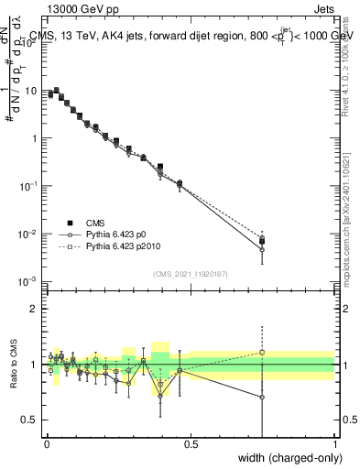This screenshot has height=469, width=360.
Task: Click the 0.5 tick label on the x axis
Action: (191, 444)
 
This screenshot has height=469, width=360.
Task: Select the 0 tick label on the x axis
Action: (46, 444)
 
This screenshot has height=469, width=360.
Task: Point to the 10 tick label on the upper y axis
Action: (30, 92)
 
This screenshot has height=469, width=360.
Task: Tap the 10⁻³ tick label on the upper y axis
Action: (28, 280)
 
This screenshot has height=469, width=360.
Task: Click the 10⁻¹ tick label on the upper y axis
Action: (28, 186)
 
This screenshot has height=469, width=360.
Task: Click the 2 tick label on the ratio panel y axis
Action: (35, 309)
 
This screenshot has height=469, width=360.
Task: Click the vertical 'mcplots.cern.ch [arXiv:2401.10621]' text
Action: (352, 211)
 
